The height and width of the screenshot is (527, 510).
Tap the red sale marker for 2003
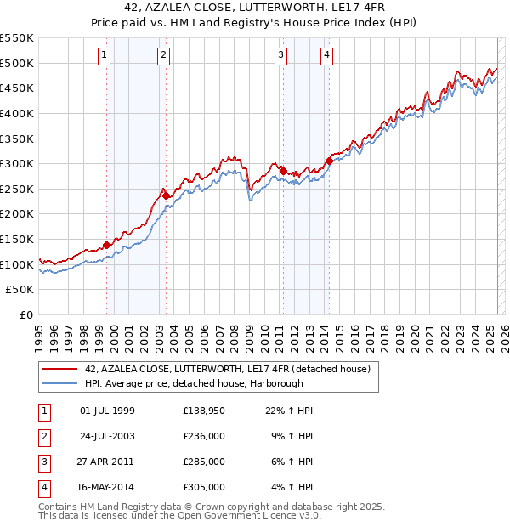pyautogui.click(x=167, y=196)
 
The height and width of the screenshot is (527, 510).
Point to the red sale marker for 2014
pyautogui.click(x=329, y=161)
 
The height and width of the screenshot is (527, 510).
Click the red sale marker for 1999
pyautogui.click(x=106, y=245)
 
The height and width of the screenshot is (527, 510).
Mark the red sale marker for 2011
pyautogui.click(x=283, y=172)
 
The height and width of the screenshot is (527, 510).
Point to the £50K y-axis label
pyautogui.click(x=20, y=290)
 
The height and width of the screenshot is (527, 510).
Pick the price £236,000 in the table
pyautogui.click(x=204, y=436)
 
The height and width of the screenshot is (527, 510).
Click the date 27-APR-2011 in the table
pyautogui.click(x=106, y=462)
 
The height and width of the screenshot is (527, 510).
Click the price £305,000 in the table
pyautogui.click(x=204, y=487)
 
